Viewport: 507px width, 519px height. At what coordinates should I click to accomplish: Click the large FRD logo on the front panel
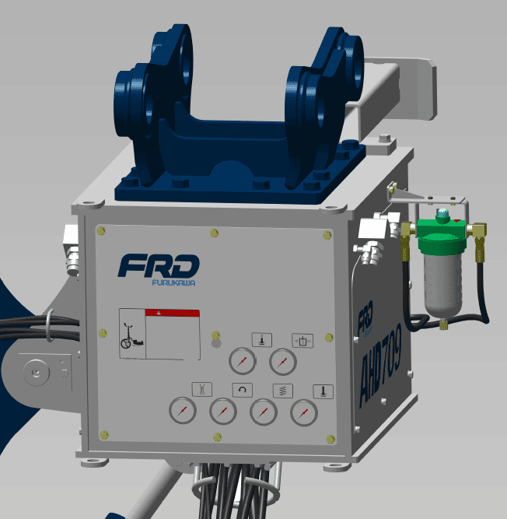point(159,265)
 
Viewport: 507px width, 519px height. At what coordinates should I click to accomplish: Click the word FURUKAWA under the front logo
point(173,282)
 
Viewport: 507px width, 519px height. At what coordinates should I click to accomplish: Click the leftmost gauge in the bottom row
point(183,412)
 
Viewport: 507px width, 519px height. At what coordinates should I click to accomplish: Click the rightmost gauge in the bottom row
point(305,412)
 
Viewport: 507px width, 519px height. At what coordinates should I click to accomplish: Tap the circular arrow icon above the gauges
point(242,390)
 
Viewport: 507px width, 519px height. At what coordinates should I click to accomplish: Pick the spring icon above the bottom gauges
point(278,390)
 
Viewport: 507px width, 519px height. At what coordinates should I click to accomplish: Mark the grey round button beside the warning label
point(216,342)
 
